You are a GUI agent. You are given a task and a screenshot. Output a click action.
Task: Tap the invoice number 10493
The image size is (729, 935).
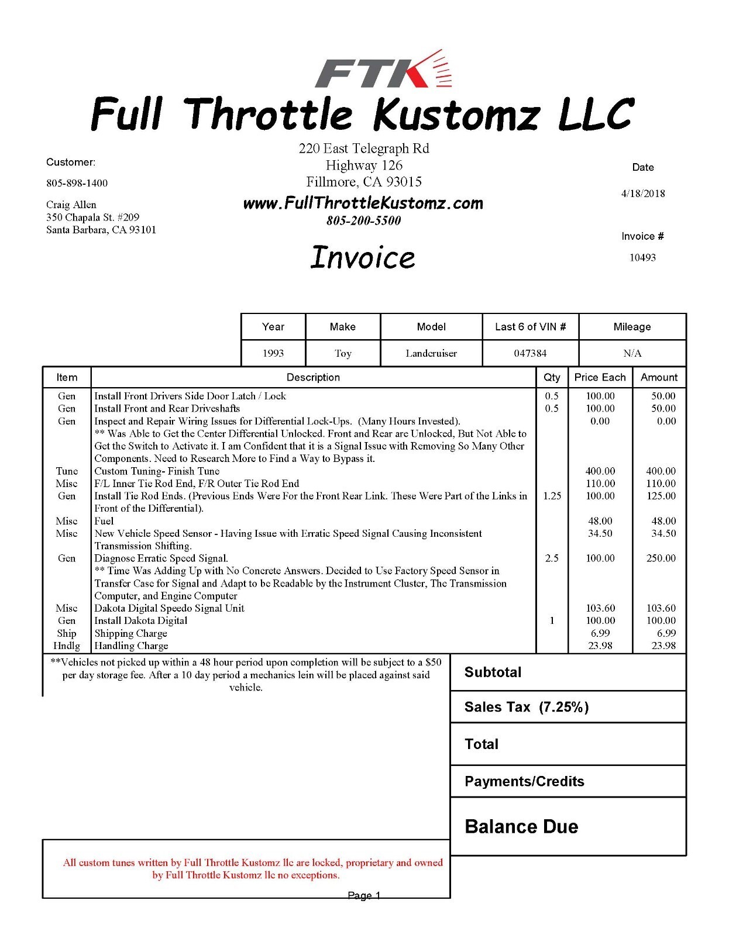click(642, 257)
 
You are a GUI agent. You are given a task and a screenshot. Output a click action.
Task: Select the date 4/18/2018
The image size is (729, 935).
click(642, 194)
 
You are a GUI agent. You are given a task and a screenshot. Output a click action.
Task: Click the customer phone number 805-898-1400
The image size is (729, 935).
click(77, 183)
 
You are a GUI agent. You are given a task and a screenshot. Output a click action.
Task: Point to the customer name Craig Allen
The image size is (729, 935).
click(71, 205)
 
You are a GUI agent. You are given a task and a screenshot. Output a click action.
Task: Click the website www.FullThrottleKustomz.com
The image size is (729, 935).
click(363, 203)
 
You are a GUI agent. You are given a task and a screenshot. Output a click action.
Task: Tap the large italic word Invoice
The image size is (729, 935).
click(363, 257)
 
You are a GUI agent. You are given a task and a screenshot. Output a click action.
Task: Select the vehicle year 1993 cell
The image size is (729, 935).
click(273, 353)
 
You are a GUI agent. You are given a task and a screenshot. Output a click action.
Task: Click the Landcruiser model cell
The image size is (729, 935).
click(431, 353)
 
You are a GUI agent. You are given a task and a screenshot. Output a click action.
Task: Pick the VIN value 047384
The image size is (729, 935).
click(530, 353)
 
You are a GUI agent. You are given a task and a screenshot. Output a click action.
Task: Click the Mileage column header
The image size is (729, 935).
click(632, 327)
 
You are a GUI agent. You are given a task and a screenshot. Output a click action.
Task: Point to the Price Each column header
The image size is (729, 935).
click(600, 377)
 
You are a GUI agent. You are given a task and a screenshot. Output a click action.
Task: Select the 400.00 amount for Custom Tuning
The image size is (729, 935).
click(661, 471)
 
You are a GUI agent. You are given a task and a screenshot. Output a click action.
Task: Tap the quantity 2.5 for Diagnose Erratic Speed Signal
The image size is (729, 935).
click(552, 558)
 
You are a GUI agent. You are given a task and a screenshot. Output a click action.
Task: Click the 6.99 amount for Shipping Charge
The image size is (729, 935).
click(666, 633)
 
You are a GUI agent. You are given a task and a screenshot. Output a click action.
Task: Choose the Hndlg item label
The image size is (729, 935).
click(67, 646)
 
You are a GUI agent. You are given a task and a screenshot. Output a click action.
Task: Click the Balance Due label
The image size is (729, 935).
click(521, 826)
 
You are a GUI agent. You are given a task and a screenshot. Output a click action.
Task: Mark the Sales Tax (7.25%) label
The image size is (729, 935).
click(527, 707)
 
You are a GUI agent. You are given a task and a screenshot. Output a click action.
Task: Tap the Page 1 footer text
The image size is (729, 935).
click(364, 895)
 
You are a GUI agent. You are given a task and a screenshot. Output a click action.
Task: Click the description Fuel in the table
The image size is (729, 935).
click(104, 520)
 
